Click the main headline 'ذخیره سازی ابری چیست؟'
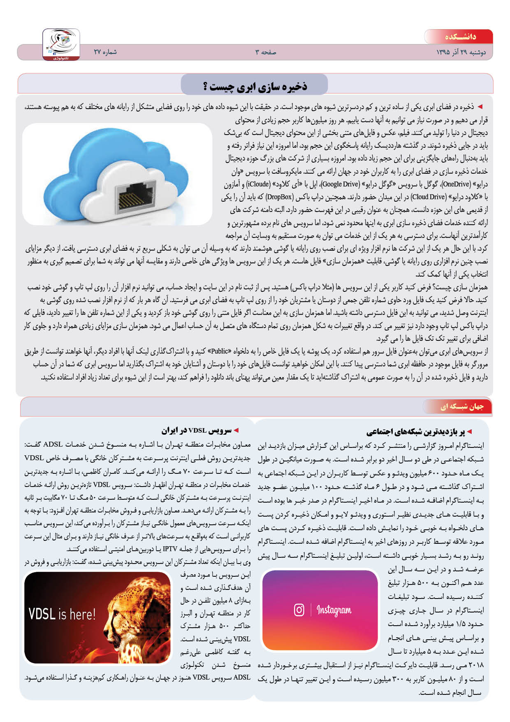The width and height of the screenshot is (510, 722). point(255,86)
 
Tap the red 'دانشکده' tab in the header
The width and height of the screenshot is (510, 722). point(460,37)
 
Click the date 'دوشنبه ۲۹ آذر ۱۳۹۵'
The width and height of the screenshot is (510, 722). point(461,52)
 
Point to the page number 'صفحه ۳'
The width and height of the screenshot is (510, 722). point(266,52)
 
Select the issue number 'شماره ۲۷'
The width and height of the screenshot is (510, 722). point(105,52)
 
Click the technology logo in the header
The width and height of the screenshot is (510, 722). point(61,44)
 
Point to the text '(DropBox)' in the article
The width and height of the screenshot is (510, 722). point(279,197)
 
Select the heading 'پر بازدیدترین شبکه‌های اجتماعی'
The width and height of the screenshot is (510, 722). point(415,432)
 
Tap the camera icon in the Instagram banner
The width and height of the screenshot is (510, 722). point(299,610)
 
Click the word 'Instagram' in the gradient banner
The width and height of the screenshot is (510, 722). point(334,610)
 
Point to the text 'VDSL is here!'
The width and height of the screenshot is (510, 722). point(62,614)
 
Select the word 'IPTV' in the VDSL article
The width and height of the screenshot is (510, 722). point(170,549)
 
